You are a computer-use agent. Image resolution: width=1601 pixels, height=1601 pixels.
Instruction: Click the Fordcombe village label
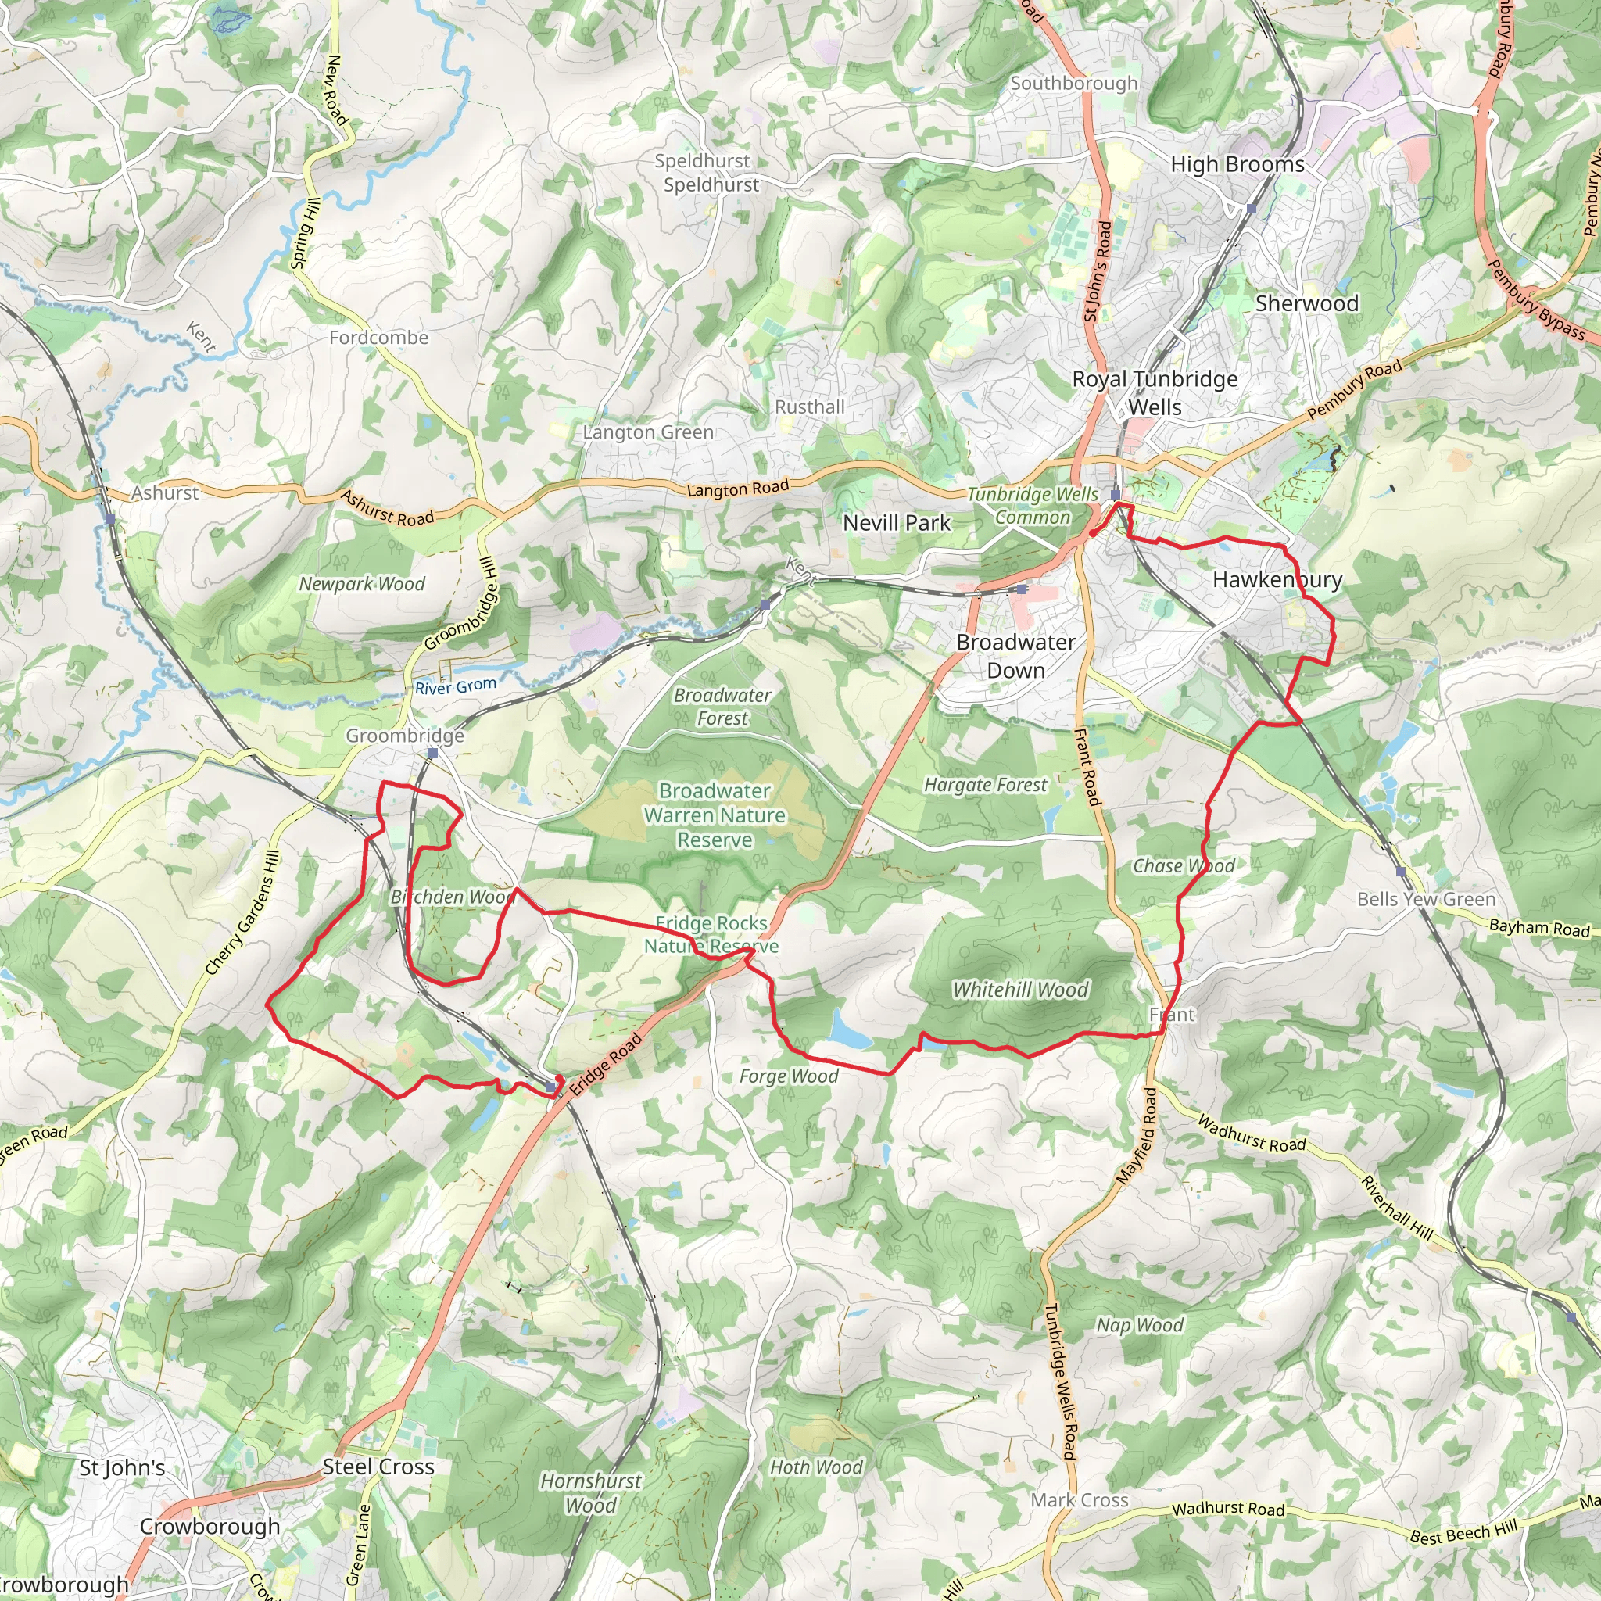coord(378,337)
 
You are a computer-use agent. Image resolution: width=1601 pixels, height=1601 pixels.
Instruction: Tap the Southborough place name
coord(1073,83)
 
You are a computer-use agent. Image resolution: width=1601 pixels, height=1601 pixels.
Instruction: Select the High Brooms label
coord(1237,164)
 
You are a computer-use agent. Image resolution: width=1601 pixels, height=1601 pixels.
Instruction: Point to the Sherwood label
coord(1307,303)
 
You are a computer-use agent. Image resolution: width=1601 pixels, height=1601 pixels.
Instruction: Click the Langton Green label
coord(648,432)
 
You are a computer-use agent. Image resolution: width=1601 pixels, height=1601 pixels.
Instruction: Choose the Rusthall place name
coord(810,407)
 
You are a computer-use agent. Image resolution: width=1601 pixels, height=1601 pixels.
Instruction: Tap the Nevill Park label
coord(897,523)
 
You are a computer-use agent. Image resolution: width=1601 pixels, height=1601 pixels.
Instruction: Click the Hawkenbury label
coord(1277,579)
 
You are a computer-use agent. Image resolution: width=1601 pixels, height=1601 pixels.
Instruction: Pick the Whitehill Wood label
coord(1020,990)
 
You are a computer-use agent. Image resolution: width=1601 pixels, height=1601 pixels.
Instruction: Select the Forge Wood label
coord(789,1076)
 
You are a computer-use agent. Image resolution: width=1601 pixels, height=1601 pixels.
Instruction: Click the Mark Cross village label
coord(1079,1500)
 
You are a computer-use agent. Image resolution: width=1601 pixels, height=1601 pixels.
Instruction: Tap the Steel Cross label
coord(378,1466)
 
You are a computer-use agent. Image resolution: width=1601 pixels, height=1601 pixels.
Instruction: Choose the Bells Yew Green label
coord(1426,899)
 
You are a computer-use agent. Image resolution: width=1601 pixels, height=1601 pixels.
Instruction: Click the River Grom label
coord(456,686)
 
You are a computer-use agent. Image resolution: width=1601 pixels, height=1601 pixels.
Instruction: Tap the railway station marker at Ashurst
coord(110,520)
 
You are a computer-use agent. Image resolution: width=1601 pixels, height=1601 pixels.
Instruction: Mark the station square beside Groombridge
coord(432,754)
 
